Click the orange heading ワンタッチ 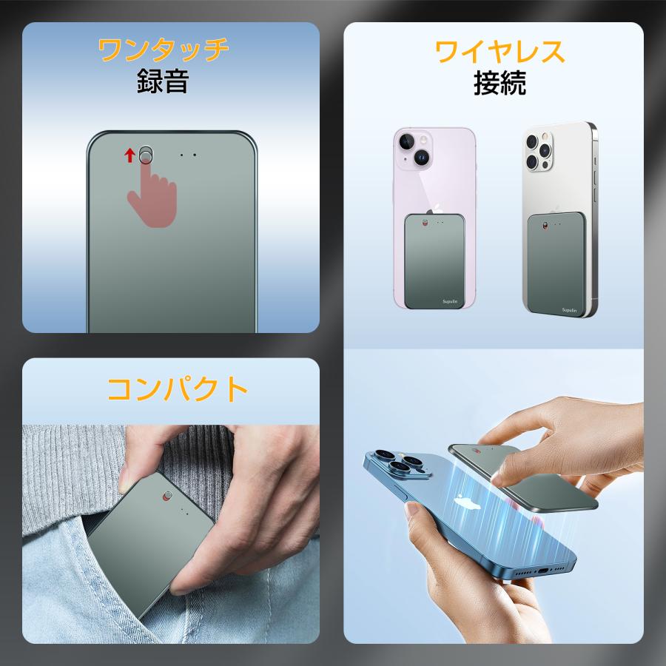click(163, 50)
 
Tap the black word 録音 click(163, 81)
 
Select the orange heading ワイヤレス click(500, 52)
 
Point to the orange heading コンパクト click(178, 389)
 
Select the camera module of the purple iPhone click(415, 148)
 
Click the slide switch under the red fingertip click(147, 154)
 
